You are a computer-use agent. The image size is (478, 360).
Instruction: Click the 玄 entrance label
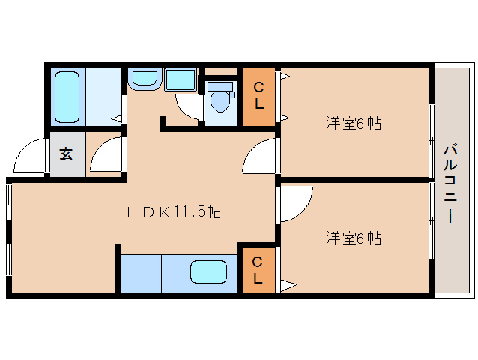pos(66,154)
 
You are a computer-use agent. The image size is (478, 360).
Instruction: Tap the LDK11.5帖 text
pos(174,211)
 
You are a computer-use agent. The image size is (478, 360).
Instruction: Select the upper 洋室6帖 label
pos(354,124)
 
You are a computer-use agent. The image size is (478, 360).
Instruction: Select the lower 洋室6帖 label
pos(354,238)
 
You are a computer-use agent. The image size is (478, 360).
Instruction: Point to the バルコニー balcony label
pos(450,184)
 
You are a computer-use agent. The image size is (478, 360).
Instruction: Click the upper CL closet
pos(258,97)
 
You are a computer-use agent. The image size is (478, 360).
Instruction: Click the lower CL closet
pos(258,270)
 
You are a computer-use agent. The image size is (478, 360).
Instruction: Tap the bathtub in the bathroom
pos(67,97)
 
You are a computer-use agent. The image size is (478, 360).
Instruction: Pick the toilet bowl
pos(220,101)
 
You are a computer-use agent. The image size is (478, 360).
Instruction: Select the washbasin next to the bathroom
pos(144,79)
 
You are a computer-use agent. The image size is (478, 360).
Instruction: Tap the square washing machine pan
pos(181,79)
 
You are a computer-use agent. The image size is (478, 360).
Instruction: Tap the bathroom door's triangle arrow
pos(117,118)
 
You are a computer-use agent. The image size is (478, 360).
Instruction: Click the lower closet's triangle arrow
pos(288,286)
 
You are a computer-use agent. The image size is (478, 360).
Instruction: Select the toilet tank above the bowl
pos(220,86)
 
